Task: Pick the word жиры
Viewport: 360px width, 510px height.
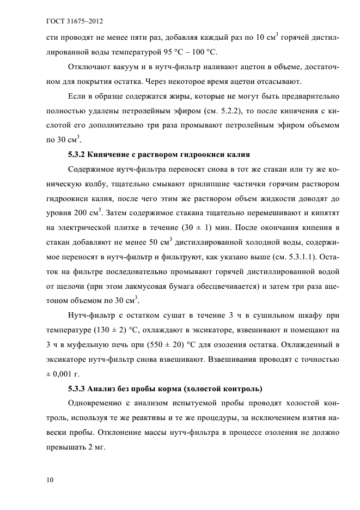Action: [179, 96]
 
